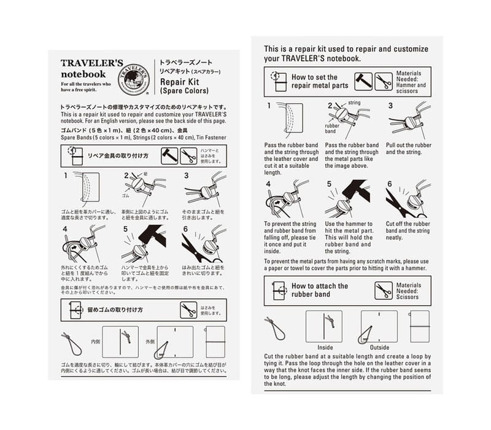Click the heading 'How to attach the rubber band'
click(x=319, y=290)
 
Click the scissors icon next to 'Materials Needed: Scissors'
click(x=384, y=290)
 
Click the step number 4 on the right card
click(x=269, y=184)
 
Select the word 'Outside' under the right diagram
click(x=379, y=347)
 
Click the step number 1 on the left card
click(x=66, y=175)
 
